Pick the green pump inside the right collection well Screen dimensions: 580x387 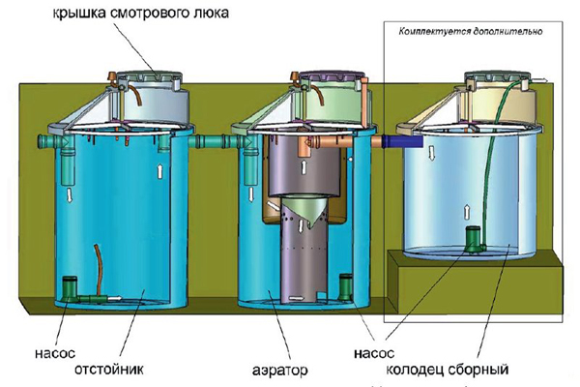pyautogui.click(x=475, y=239)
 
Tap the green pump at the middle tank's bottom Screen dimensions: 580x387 pyautogui.click(x=346, y=288)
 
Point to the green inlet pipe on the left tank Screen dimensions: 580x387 pyautogui.click(x=49, y=143)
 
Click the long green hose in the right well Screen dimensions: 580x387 pyautogui.click(x=493, y=155)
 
